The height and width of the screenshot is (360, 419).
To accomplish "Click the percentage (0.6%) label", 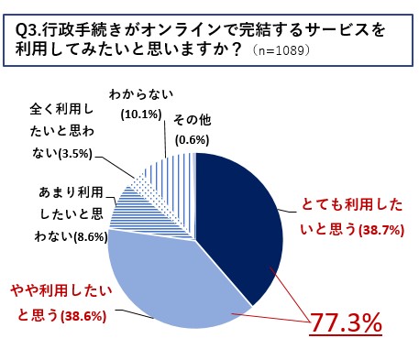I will (x=192, y=139).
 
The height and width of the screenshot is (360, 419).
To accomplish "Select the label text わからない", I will (x=140, y=94).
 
